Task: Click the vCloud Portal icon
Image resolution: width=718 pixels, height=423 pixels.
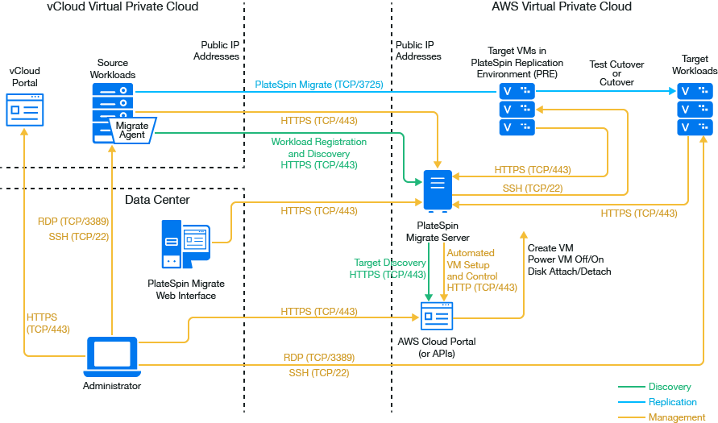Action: click(24, 109)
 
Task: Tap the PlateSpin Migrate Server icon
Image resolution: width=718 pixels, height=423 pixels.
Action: click(438, 191)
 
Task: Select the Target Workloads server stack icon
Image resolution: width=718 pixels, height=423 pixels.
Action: click(695, 108)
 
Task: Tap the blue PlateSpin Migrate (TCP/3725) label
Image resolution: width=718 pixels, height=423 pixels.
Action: click(318, 84)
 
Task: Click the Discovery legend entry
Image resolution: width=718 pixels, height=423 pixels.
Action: click(669, 388)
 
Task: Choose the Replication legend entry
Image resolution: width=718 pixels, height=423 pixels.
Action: click(672, 402)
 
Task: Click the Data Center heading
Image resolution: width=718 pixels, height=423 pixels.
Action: click(157, 200)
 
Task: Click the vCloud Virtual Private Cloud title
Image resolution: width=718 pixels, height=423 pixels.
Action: click(123, 6)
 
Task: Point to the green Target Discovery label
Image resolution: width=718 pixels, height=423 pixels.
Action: click(390, 263)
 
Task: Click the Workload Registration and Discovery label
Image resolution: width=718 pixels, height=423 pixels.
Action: click(318, 153)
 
